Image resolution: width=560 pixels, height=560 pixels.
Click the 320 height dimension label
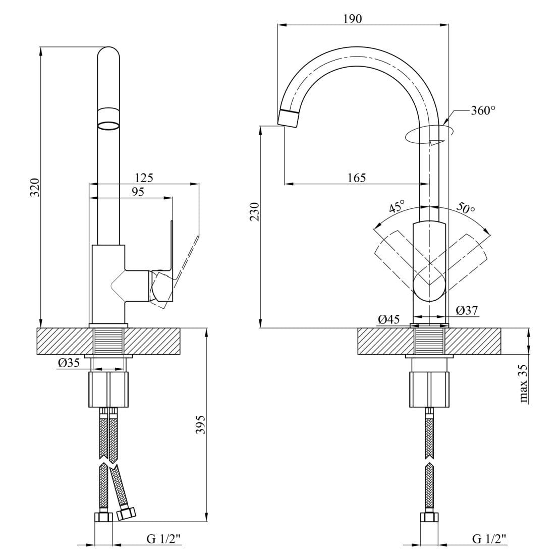click(35, 187)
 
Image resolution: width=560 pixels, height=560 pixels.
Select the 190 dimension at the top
click(353, 19)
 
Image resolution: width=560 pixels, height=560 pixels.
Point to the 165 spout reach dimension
click(357, 178)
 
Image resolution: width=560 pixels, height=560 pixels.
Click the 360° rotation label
click(483, 110)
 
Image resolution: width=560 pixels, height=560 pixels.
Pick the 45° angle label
click(397, 207)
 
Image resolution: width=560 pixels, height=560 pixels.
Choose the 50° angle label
click(465, 207)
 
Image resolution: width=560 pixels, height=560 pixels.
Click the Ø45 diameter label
click(389, 319)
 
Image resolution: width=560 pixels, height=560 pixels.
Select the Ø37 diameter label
click(467, 310)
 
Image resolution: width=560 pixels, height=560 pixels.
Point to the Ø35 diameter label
click(69, 362)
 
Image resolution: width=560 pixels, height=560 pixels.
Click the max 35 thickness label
click(524, 383)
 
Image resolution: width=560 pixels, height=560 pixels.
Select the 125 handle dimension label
click(144, 178)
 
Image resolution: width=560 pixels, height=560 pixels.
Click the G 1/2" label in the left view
click(163, 539)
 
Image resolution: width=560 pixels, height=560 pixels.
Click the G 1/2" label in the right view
click(489, 539)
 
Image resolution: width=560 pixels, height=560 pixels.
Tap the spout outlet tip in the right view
click(289, 118)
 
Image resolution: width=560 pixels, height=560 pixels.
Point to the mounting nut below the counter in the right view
click(429, 389)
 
